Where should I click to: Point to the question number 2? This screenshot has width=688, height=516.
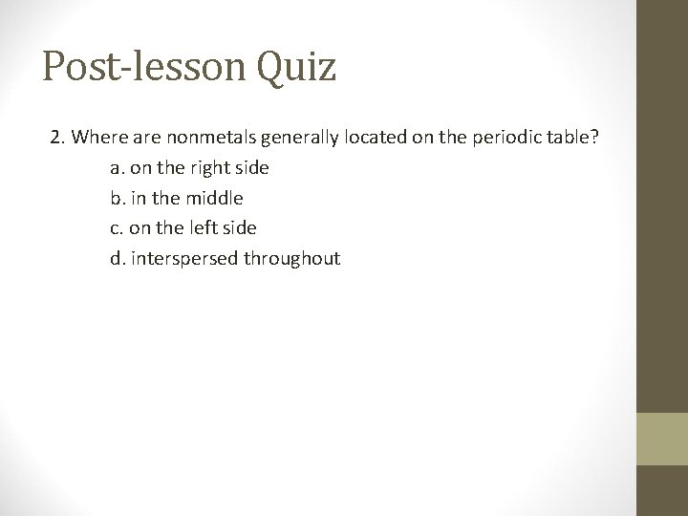coord(57,138)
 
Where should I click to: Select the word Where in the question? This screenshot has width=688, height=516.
coord(94,138)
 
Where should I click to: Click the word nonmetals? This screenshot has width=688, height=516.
coord(197,138)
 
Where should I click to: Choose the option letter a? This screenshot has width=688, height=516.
coord(116,168)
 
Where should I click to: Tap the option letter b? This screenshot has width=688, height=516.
coord(117,198)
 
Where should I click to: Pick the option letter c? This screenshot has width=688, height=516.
coord(116,228)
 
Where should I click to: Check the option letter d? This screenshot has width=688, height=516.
coord(117,258)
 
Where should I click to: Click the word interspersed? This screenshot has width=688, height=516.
coord(185,259)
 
